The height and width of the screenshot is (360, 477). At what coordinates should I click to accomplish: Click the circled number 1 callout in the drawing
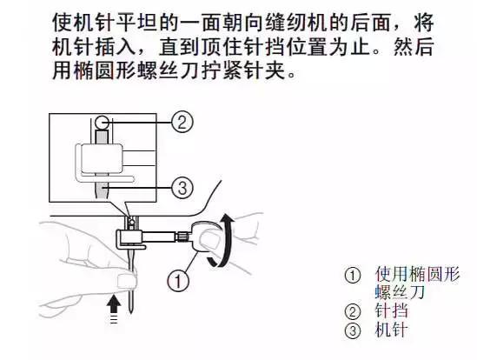(178, 281)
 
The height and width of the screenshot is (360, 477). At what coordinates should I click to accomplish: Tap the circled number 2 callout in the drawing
(181, 123)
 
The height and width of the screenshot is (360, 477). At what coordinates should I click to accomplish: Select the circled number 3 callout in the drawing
(181, 186)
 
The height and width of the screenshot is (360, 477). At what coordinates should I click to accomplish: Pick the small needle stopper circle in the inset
(102, 122)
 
